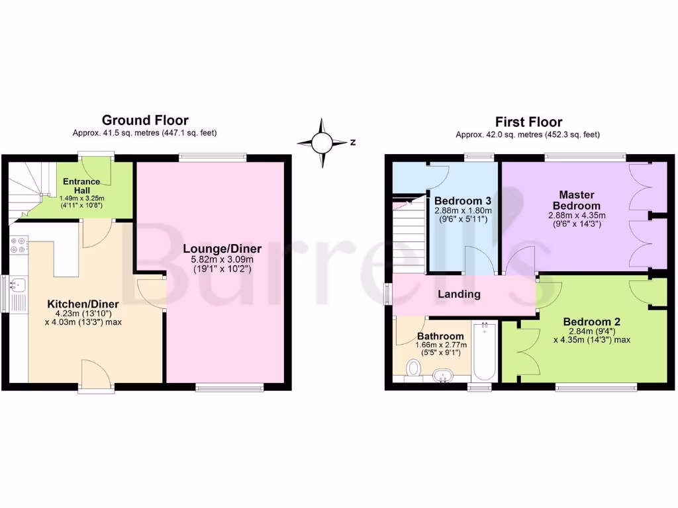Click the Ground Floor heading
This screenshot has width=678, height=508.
(x=144, y=120)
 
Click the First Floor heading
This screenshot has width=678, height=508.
(x=528, y=122)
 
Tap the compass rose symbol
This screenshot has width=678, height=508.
(x=322, y=142)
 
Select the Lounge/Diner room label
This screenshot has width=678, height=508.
(x=222, y=249)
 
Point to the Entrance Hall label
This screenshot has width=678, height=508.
(x=81, y=186)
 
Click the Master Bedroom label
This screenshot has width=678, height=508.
(x=577, y=200)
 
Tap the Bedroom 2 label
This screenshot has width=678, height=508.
(x=591, y=321)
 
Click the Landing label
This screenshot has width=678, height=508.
(x=459, y=294)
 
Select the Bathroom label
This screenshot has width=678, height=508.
(x=440, y=336)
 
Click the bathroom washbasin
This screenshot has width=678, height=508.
(x=442, y=376)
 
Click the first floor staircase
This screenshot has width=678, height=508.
(x=409, y=235)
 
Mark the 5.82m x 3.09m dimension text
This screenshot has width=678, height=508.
(x=222, y=261)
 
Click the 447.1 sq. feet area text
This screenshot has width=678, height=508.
(x=190, y=133)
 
